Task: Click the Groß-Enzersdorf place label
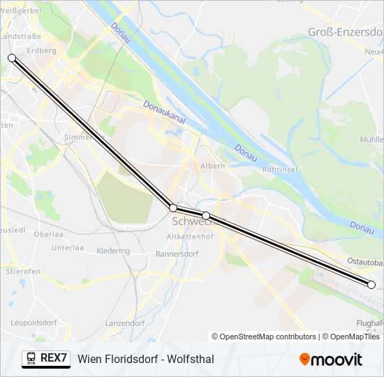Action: (344, 32)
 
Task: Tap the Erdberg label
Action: (41, 50)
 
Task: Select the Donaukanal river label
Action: (164, 112)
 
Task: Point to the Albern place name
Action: (212, 166)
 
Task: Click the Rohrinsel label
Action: (281, 169)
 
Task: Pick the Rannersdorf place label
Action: (179, 254)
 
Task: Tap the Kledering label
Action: (113, 251)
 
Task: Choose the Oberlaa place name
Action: (48, 235)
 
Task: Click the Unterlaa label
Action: (68, 248)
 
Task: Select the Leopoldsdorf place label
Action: (34, 323)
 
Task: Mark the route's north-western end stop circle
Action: (12, 58)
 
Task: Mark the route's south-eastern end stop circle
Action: (371, 284)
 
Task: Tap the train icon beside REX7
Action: (31, 359)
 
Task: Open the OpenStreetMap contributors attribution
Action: (268, 337)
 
